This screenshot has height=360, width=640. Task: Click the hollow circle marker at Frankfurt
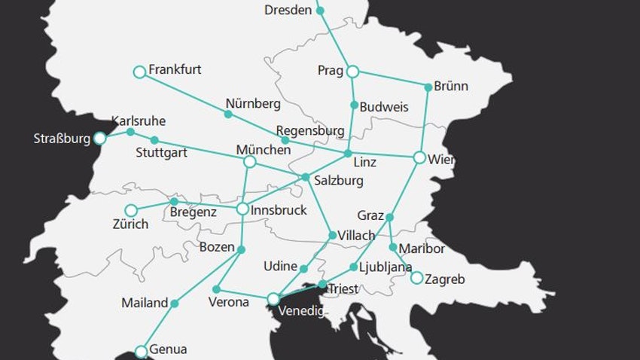coord(139,72)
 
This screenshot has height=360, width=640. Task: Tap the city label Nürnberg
coord(253,104)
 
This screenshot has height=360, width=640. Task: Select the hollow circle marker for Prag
coord(352,72)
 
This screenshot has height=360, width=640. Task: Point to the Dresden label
coord(288,11)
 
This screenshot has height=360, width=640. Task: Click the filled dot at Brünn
coord(428,87)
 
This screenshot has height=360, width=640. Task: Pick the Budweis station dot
coord(354,105)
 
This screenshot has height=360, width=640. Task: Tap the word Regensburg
coord(309,130)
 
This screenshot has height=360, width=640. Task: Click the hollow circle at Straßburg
coord(99,139)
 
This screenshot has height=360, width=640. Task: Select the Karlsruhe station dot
coord(130,132)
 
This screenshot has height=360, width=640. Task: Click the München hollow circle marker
coord(250,162)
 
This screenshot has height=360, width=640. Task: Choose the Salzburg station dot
coord(305,178)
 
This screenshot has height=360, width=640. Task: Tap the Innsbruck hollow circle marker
coord(242,209)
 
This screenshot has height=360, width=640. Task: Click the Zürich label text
coord(130,224)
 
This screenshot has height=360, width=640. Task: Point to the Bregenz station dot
coord(174,202)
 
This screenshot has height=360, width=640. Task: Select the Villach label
coord(356,236)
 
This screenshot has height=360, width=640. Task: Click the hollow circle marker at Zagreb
coord(416,278)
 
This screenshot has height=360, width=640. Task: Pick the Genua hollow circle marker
coord(141,351)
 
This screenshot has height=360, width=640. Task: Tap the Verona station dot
coord(217,289)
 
